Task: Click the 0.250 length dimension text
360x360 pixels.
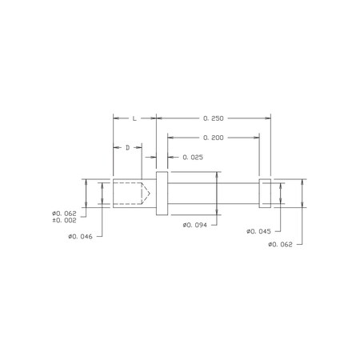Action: point(214,118)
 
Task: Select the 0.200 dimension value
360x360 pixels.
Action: point(214,138)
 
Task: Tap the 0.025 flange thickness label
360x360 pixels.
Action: point(193,158)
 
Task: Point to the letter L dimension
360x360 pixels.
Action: point(134,118)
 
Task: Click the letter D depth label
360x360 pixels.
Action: point(128,147)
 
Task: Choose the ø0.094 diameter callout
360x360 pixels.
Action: point(195,225)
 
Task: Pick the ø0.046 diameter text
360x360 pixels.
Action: point(80,237)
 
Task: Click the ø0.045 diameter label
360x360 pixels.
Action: point(258,231)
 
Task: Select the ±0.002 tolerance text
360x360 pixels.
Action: point(64,221)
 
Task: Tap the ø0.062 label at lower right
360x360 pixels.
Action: point(280,245)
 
